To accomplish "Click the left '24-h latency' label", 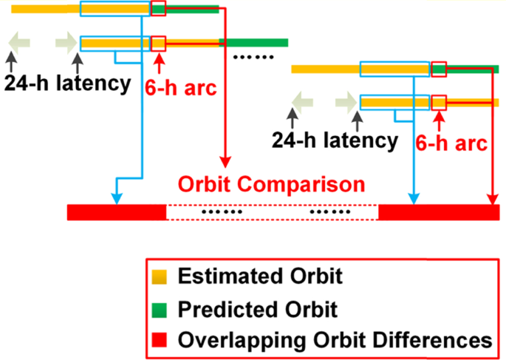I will [67, 83].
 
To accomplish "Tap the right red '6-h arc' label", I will [451, 142].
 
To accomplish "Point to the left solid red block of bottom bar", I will [117, 212].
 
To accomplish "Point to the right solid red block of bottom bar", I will [438, 212].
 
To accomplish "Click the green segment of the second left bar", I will [253, 43].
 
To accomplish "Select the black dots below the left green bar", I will [253, 57].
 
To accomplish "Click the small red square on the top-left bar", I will [158, 9].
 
